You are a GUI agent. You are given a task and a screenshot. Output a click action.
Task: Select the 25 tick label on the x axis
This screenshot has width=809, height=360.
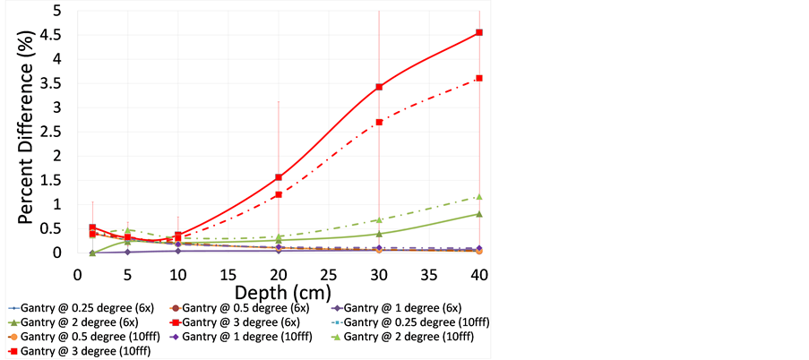[328, 271]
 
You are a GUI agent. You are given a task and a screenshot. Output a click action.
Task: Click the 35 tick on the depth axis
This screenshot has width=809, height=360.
[429, 271]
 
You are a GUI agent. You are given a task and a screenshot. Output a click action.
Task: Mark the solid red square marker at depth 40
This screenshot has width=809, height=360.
[479, 32]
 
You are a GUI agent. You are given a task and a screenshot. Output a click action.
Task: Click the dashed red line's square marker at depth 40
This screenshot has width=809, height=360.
[479, 78]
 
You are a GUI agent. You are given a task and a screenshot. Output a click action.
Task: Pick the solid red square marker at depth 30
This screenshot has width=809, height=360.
[379, 87]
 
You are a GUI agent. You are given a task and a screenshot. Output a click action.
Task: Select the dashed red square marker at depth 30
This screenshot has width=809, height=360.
[379, 122]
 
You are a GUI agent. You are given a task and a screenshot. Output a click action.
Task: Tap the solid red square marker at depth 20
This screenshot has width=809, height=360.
[279, 177]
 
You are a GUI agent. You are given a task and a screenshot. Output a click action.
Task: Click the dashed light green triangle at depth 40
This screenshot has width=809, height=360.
[479, 197]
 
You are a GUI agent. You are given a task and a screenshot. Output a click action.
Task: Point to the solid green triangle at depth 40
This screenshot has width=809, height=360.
[479, 214]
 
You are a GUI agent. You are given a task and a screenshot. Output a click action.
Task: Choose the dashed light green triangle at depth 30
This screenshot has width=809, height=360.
[379, 219]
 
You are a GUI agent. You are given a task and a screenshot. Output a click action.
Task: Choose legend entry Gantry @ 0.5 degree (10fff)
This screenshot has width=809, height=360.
[85, 337]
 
